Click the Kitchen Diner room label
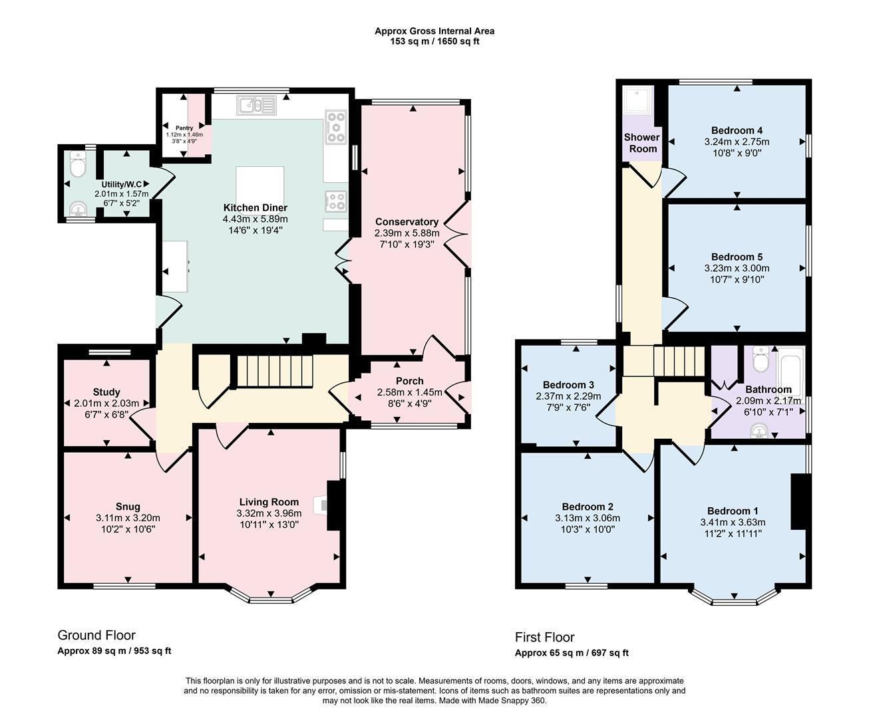[255, 207]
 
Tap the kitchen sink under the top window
[256, 104]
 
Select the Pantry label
[184, 128]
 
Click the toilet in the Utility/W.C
[78, 165]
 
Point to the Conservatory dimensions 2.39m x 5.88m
[407, 233]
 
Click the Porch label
[409, 381]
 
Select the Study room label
[106, 392]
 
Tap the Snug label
[128, 507]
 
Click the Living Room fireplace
[325, 506]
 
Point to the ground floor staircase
[274, 372]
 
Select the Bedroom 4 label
[737, 130]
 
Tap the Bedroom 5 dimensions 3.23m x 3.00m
[737, 269]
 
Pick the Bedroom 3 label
[568, 385]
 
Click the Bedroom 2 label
[587, 507]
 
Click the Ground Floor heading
[96, 635]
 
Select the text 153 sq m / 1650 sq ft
[435, 41]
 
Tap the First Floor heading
[544, 637]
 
